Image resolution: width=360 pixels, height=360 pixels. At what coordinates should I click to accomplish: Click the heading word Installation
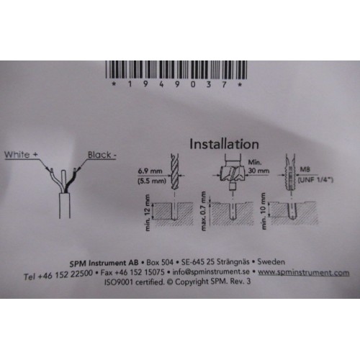click(x=224, y=144)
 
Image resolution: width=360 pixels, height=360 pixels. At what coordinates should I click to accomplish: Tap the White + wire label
click(x=22, y=154)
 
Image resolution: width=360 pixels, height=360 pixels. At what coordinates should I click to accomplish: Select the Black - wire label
click(x=102, y=155)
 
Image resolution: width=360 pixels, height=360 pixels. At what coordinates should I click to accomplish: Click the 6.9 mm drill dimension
click(x=150, y=171)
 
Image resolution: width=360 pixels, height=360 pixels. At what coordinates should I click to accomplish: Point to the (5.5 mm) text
click(x=152, y=181)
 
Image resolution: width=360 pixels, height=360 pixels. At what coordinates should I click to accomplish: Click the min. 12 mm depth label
click(x=148, y=212)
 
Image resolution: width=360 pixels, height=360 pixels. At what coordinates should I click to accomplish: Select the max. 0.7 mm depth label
click(x=204, y=211)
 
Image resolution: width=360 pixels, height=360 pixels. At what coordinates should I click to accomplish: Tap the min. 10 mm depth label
click(x=264, y=211)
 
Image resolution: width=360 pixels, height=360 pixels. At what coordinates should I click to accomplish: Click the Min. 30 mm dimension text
click(x=258, y=166)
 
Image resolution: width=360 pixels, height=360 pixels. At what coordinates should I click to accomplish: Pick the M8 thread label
click(x=305, y=169)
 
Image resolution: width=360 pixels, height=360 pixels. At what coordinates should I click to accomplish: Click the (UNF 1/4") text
click(x=315, y=180)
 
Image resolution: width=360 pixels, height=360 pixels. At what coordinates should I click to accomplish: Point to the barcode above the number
click(x=176, y=70)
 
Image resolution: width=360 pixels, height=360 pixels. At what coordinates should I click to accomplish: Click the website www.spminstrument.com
click(x=304, y=273)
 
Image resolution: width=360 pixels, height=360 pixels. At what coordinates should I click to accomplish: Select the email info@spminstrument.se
click(x=211, y=272)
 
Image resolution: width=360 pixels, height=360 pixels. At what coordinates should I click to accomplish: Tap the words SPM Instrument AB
click(x=104, y=263)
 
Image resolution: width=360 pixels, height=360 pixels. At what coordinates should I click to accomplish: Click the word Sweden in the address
click(x=271, y=261)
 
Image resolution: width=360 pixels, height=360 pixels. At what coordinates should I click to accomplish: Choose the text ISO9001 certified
click(x=135, y=282)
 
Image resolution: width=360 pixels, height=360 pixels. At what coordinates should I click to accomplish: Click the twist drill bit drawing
click(x=175, y=171)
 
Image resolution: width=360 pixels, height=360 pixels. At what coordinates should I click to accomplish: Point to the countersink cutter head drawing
click(x=233, y=173)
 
